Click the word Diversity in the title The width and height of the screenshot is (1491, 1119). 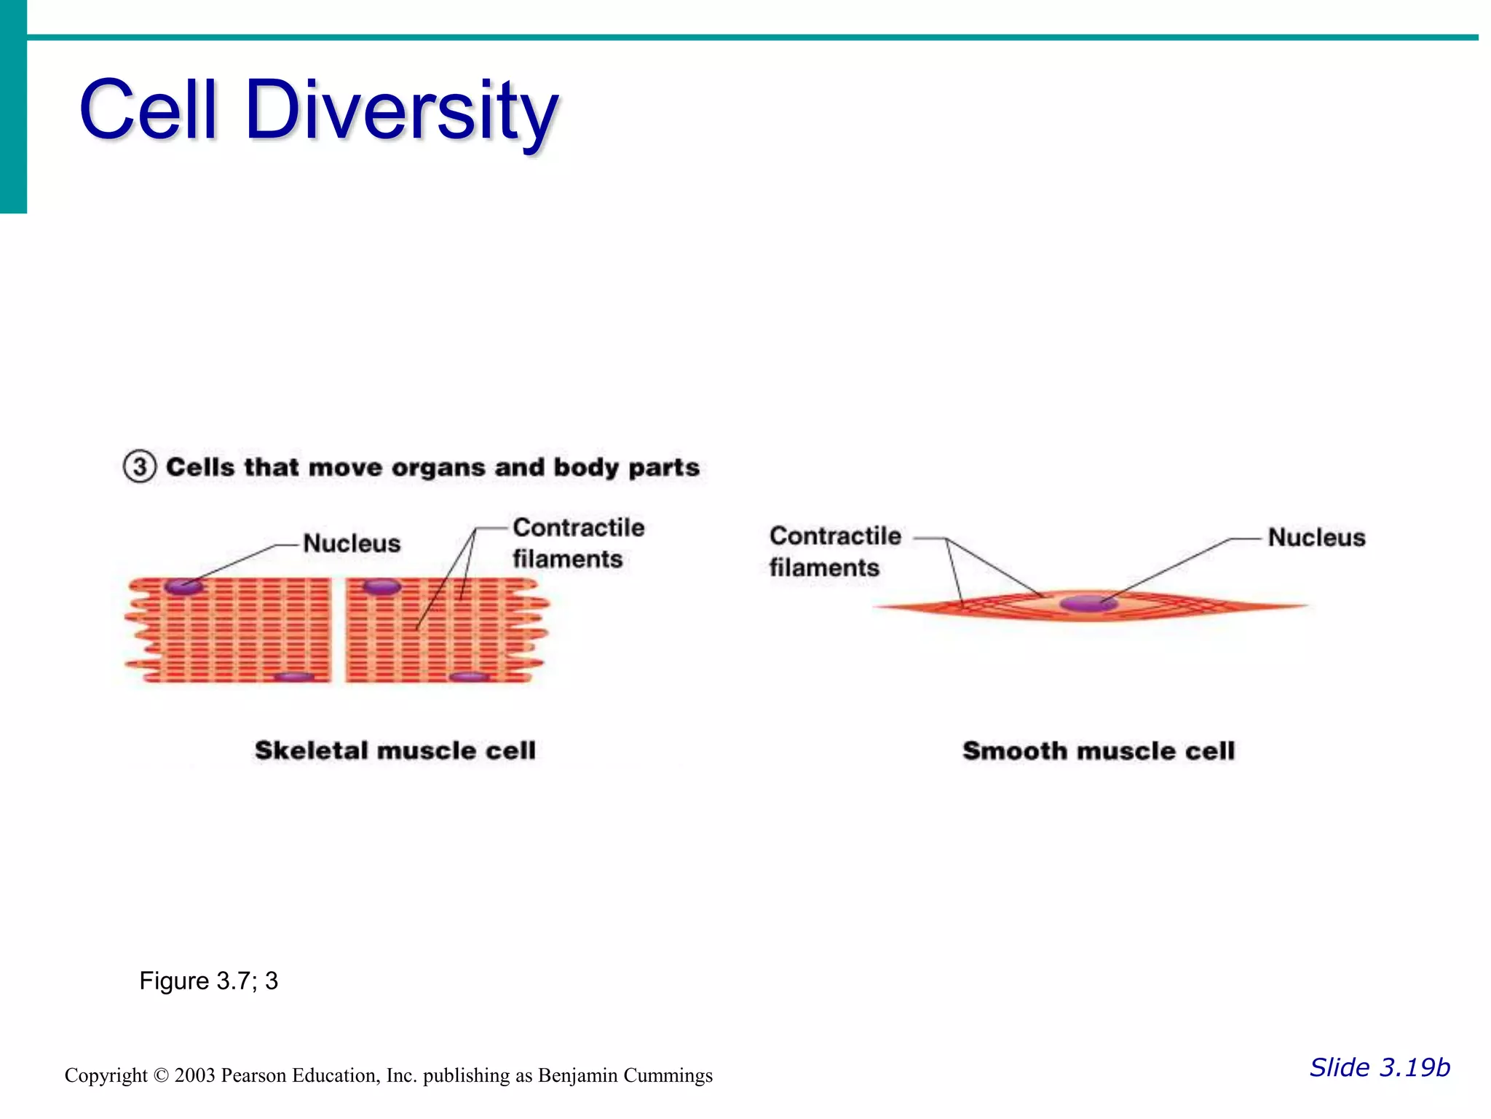pos(402,111)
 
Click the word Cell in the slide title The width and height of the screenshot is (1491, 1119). pos(149,111)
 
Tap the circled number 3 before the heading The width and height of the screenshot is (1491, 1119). pos(139,466)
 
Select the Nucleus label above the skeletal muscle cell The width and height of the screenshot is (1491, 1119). pos(352,543)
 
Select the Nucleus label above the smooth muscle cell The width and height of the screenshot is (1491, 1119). pos(1316,538)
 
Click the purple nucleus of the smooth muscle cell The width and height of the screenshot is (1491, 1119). pos(1088,603)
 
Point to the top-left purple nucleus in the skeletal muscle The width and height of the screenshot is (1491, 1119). pos(182,586)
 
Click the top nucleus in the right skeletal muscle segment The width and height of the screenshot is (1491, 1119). pos(381,586)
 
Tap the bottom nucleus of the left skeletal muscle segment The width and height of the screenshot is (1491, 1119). pos(294,677)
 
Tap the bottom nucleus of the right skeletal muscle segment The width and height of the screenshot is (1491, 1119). pos(469,677)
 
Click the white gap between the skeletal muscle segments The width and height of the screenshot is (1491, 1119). pos(339,630)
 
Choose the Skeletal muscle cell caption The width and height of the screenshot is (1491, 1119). pos(395,750)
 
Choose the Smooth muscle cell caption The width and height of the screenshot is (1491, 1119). pos(1099,751)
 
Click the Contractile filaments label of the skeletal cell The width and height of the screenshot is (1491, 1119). pos(578,543)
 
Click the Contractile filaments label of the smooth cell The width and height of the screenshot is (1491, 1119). pos(834,551)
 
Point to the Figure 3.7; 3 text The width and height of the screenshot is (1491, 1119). pos(209,981)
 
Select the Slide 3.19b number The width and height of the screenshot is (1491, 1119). pos(1380,1067)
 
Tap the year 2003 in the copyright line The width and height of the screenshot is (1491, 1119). pos(194,1076)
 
